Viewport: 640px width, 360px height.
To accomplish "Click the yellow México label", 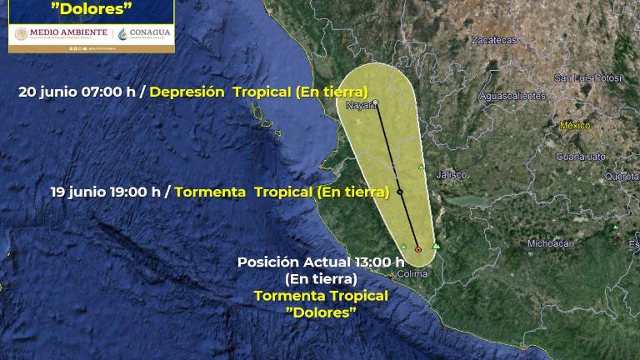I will [575, 126].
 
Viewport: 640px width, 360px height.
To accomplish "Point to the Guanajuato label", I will [580, 157].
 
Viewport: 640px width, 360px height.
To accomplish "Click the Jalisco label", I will [451, 175].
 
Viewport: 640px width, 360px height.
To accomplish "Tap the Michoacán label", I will [551, 243].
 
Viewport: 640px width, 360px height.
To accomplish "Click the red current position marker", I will [417, 249].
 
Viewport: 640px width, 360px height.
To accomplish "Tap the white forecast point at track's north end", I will [377, 102].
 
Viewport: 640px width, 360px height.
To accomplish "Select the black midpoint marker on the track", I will [399, 192].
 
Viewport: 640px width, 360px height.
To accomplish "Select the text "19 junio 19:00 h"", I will [105, 191].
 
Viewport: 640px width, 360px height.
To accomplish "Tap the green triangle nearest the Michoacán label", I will [615, 226].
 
